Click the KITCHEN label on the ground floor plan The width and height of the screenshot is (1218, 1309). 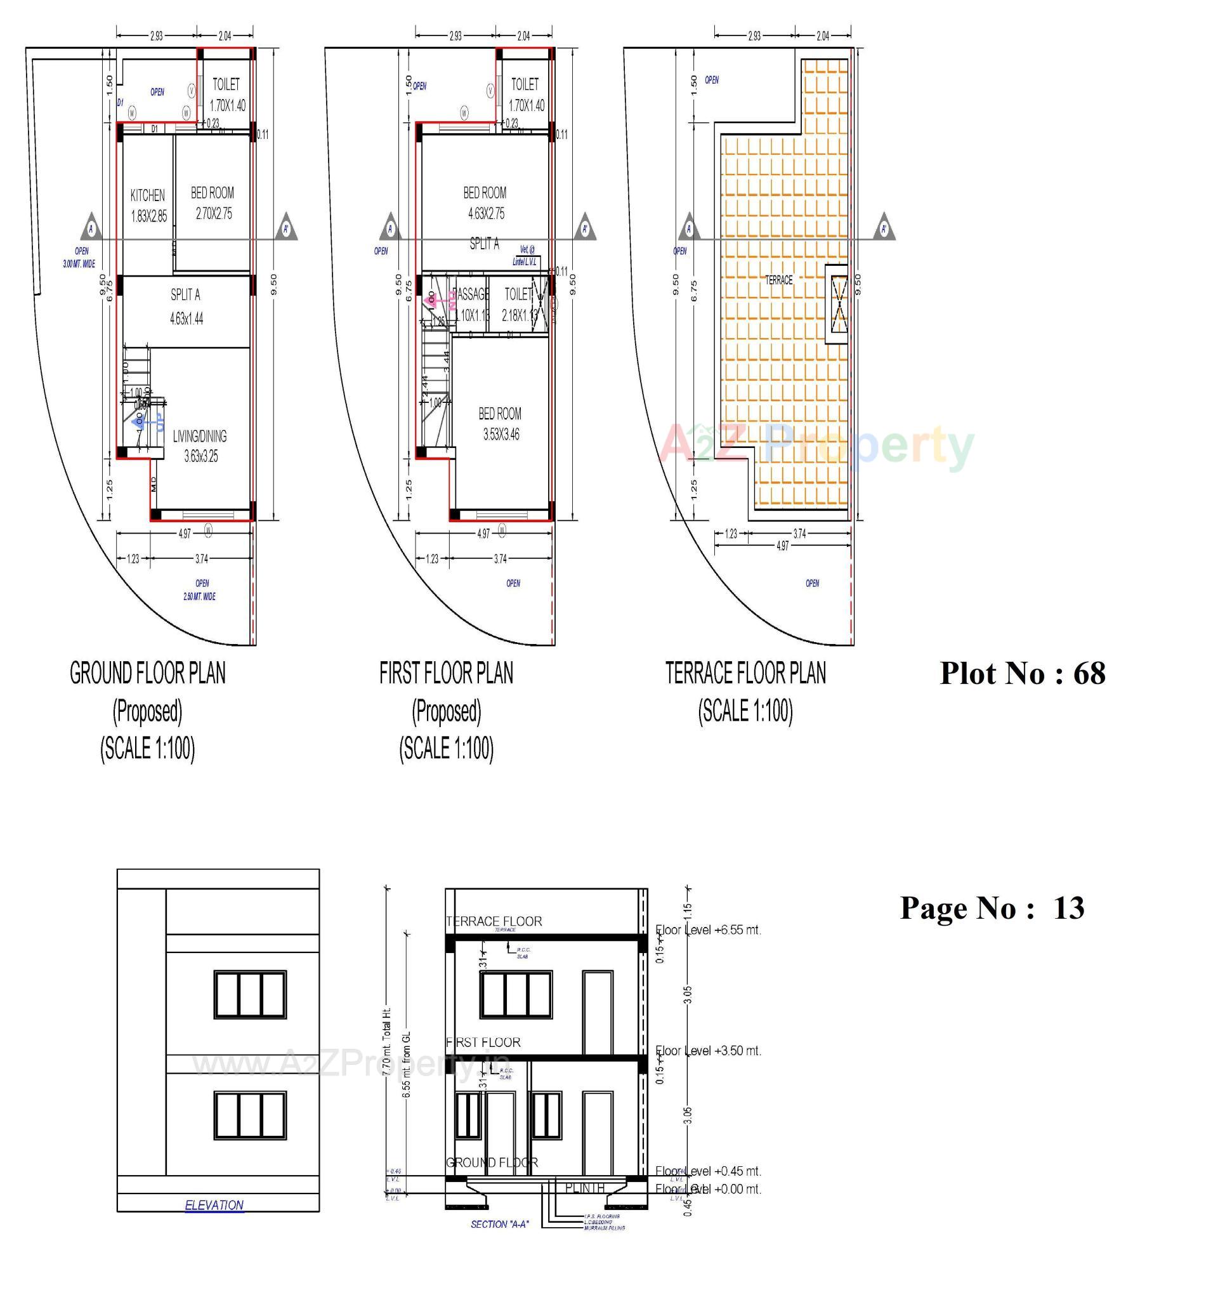[147, 195]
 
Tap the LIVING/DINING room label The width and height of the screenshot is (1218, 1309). [199, 436]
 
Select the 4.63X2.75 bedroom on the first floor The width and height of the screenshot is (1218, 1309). [485, 213]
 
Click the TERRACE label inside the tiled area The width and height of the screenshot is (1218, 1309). [778, 280]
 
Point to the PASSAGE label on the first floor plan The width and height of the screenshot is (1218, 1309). [471, 294]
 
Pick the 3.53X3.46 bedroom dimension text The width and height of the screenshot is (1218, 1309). [501, 435]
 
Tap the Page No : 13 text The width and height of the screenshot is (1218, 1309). [991, 908]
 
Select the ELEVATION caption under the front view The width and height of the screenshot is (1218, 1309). [214, 1205]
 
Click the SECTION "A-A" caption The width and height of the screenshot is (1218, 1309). [500, 1224]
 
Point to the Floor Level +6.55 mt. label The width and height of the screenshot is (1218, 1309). [708, 930]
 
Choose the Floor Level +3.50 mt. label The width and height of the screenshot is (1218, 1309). [708, 1050]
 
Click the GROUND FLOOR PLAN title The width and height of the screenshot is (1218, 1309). [147, 673]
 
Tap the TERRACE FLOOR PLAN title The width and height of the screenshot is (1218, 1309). [745, 673]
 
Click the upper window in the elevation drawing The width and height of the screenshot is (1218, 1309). [249, 994]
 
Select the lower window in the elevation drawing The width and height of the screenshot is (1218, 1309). [249, 1115]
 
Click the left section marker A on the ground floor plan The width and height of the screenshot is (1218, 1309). [91, 228]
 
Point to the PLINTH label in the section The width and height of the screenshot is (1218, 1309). [584, 1188]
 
